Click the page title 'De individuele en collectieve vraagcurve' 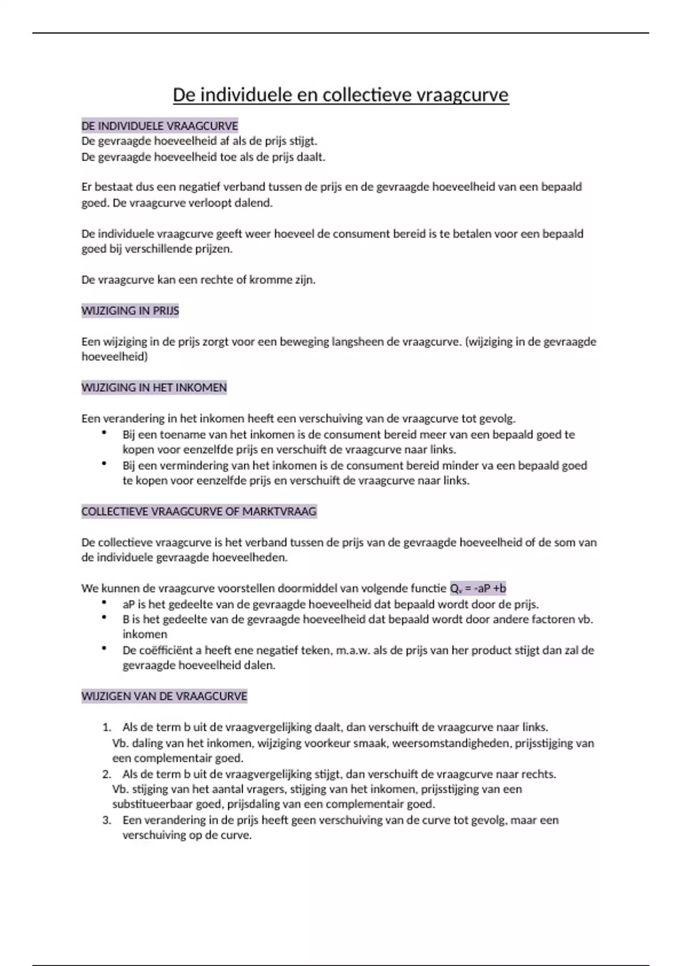click(x=340, y=94)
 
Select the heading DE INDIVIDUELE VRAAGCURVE click(x=160, y=126)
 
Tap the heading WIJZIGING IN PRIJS click(x=130, y=311)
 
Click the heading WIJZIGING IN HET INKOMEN click(x=154, y=388)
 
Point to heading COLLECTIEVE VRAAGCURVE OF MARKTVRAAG click(x=199, y=511)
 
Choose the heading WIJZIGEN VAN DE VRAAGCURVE click(x=164, y=696)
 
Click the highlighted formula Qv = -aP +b click(x=477, y=588)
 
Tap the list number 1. click(x=106, y=727)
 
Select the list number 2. click(x=106, y=774)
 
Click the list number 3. click(x=106, y=820)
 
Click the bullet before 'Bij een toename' click(x=105, y=433)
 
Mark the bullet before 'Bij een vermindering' click(x=105, y=464)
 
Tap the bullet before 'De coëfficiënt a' click(x=105, y=648)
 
